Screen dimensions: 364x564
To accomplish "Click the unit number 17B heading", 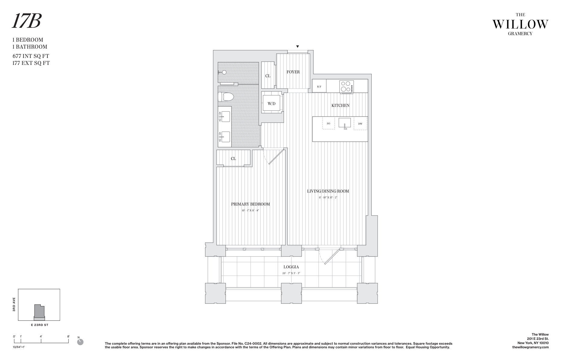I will [26, 22].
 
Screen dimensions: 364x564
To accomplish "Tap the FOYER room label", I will [293, 72].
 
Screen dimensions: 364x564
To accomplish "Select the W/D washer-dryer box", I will [271, 104].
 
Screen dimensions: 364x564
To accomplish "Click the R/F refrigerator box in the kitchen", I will [319, 87].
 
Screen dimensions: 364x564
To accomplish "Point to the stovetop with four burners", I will [346, 87].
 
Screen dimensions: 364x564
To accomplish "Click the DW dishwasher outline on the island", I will [360, 124].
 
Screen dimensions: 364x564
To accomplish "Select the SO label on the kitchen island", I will [328, 123].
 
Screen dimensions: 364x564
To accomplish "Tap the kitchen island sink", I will [344, 123].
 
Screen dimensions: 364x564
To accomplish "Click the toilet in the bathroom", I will [226, 97].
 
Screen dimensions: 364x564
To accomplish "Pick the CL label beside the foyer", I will [268, 76].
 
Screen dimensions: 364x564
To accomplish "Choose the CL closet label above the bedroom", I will [233, 158].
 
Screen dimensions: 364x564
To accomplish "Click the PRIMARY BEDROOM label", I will [250, 204].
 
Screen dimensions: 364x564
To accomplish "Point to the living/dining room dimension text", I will [328, 197].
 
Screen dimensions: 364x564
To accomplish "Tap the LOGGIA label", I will [291, 267].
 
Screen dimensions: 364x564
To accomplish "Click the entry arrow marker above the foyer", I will [297, 46].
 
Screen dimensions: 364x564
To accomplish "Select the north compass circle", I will [80, 342].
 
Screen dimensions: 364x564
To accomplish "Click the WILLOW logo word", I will [520, 24].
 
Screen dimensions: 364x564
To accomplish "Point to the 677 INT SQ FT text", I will [31, 56].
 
